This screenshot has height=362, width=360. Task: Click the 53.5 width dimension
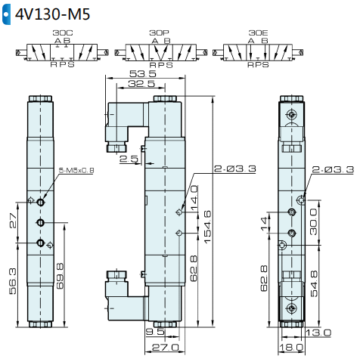143,73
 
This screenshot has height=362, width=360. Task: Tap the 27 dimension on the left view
12,220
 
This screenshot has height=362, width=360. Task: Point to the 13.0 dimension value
320,332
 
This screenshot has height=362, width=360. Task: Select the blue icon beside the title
6,14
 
